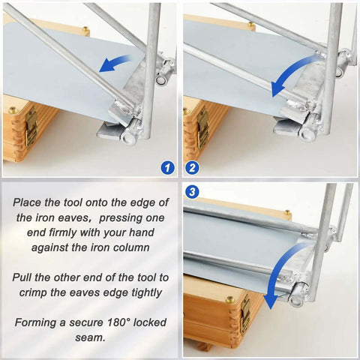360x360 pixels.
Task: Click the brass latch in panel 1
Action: click(x=30, y=124)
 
